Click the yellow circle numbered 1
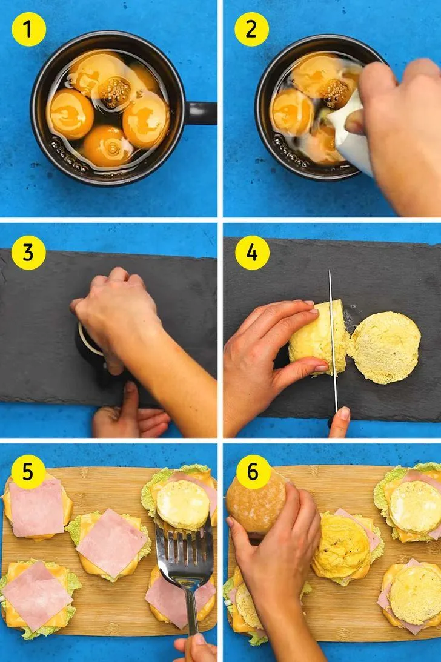28,29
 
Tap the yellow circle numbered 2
252,29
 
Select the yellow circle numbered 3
28,253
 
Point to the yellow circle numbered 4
252,253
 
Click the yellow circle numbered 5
28,472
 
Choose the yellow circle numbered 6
253,472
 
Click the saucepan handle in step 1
201,113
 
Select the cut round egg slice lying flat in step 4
385,348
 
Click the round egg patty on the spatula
182,505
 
